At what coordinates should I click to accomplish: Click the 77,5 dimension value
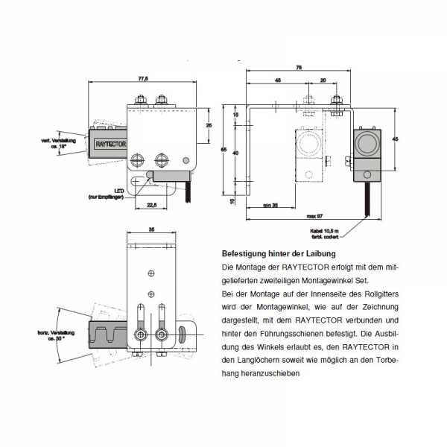144,78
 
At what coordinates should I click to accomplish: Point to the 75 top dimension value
299,67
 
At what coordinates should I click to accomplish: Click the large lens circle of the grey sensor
367,142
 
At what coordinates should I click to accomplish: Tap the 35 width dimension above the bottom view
151,229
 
